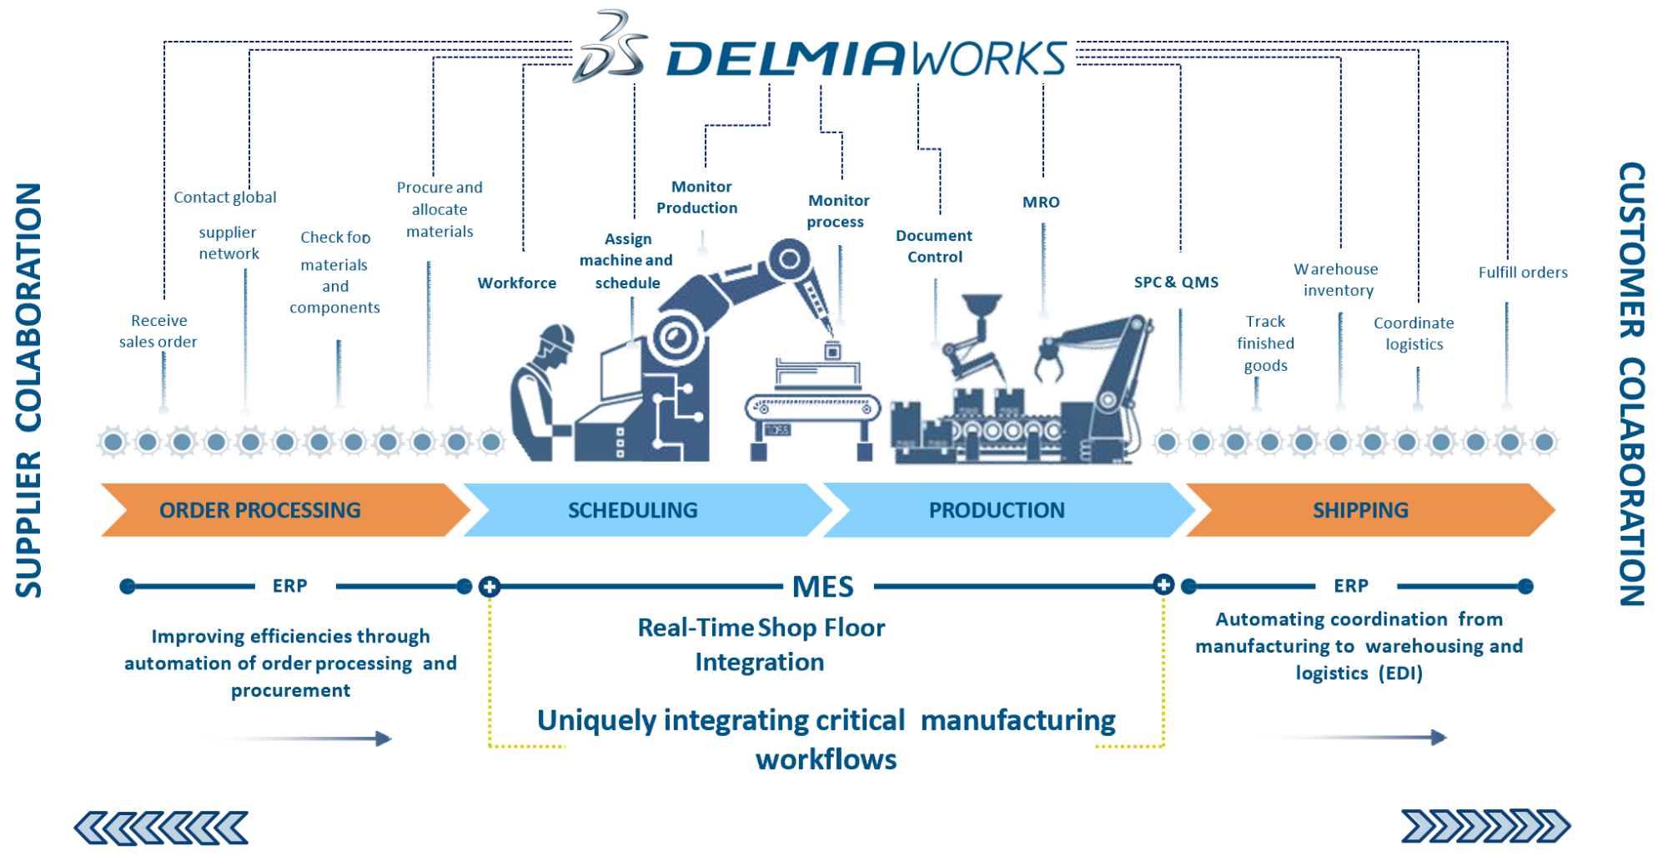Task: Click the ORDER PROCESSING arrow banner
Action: [260, 510]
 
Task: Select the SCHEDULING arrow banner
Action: [633, 510]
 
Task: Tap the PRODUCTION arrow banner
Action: [997, 510]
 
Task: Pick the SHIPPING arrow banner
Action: [1360, 510]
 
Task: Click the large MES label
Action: [823, 587]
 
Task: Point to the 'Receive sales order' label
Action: [158, 331]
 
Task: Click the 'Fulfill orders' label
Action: [1523, 273]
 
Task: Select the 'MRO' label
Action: [1041, 202]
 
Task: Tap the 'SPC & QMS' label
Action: [1176, 282]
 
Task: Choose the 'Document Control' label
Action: [934, 247]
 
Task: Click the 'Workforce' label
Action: [517, 283]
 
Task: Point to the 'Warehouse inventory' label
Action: [1337, 279]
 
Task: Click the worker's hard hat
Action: [556, 334]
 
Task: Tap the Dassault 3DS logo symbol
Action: [611, 48]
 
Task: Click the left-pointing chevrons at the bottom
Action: [162, 828]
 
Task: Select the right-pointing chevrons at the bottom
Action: [1485, 826]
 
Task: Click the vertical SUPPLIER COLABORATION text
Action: [28, 390]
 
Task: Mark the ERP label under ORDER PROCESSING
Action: [289, 586]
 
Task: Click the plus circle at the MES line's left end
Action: [490, 587]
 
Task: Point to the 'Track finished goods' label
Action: [1265, 343]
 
